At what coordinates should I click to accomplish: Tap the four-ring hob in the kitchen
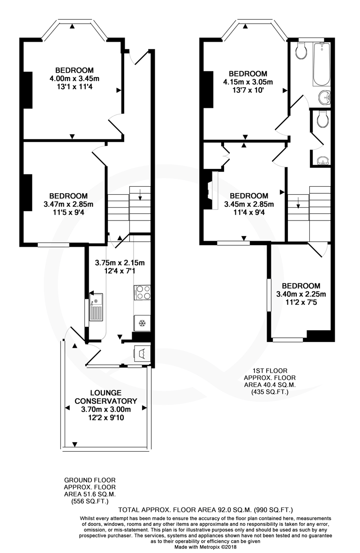pos(142,293)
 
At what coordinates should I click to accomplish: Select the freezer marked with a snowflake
pos(142,323)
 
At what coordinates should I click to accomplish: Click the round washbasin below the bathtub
pos(323,98)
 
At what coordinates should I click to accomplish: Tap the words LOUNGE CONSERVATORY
pos(106,397)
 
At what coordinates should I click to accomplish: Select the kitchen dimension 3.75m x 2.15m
pos(120,263)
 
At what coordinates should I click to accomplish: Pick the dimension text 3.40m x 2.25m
pos(301,294)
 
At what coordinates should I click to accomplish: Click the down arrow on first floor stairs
pos(298,204)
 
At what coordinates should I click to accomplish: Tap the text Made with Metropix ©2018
pos(207,547)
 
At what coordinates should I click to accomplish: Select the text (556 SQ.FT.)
pos(89,501)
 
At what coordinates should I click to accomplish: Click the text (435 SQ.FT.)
pos(269,391)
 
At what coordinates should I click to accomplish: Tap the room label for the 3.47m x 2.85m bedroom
pos(68,196)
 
